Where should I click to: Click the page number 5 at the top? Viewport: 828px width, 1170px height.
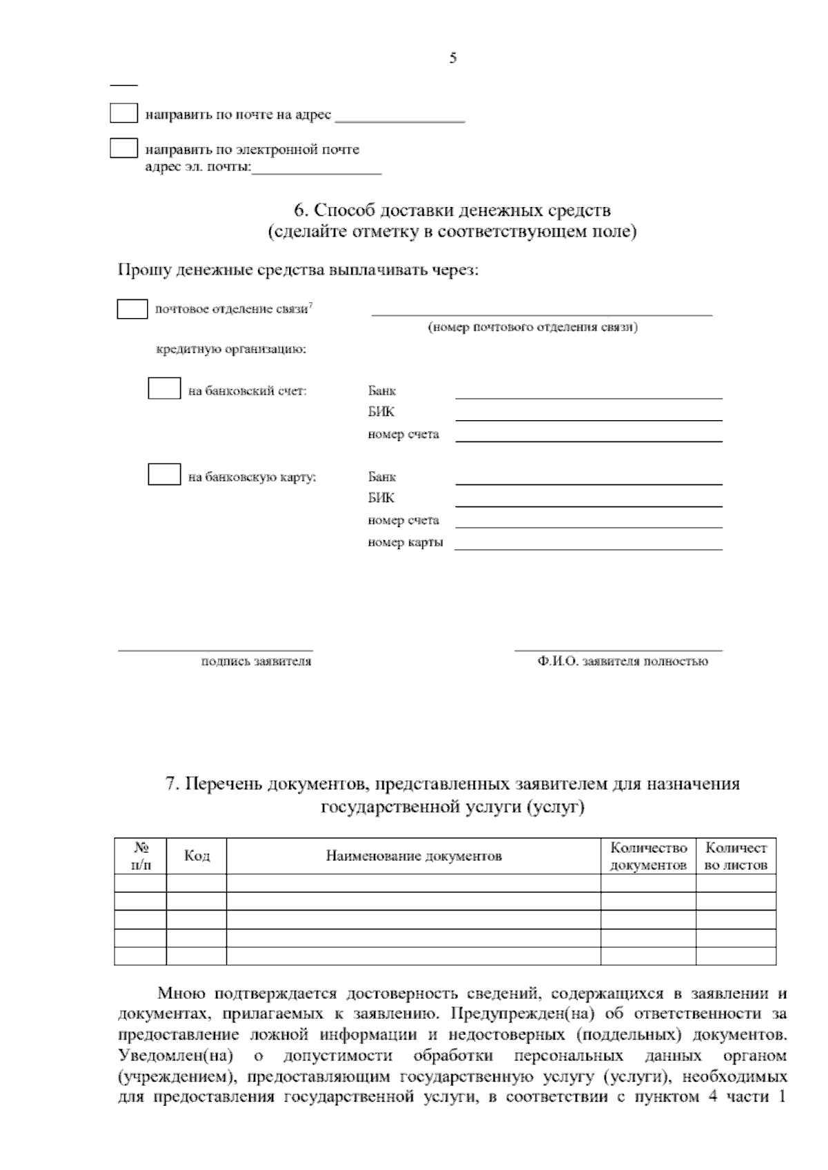pyautogui.click(x=453, y=59)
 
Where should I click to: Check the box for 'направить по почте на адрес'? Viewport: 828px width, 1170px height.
pyautogui.click(x=124, y=113)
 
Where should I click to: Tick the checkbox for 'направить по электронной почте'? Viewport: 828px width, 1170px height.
pyautogui.click(x=124, y=148)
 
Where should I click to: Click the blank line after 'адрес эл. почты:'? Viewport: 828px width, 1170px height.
pyautogui.click(x=317, y=172)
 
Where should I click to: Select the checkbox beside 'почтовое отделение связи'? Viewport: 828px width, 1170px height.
pyautogui.click(x=132, y=309)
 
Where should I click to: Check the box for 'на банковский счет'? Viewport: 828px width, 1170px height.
pyautogui.click(x=164, y=389)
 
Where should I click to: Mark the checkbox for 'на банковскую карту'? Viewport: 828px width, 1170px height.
pyautogui.click(x=164, y=475)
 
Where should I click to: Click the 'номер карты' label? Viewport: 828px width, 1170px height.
pyautogui.click(x=405, y=542)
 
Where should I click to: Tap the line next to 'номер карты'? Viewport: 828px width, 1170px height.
pyautogui.click(x=588, y=548)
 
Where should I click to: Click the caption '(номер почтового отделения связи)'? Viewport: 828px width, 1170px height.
pyautogui.click(x=532, y=327)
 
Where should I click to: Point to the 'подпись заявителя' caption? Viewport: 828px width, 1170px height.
pyautogui.click(x=256, y=662)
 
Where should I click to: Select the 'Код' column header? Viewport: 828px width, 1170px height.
pyautogui.click(x=197, y=856)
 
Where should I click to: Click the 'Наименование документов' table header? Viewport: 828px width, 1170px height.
pyautogui.click(x=413, y=857)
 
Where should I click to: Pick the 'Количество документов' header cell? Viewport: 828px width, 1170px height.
pyautogui.click(x=649, y=856)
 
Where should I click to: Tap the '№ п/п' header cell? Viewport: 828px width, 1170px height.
pyautogui.click(x=141, y=855)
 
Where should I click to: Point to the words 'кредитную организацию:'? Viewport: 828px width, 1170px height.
pyautogui.click(x=231, y=350)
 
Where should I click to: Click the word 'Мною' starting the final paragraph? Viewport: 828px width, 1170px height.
pyautogui.click(x=181, y=994)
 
